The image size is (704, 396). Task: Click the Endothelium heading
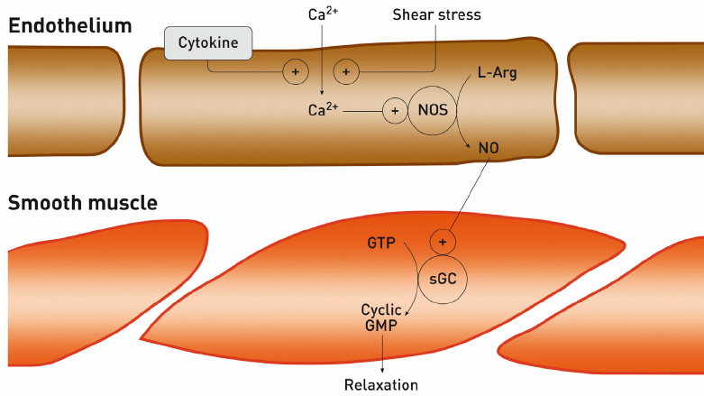click(69, 25)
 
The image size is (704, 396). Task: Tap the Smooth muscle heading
click(83, 203)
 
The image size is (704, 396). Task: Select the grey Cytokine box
click(209, 43)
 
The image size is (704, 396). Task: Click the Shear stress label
click(436, 14)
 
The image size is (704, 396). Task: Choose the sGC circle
click(442, 278)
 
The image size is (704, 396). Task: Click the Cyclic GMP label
click(381, 318)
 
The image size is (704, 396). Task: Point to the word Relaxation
click(381, 385)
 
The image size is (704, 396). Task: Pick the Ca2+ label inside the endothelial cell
click(324, 110)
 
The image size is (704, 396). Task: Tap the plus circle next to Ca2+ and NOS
click(394, 111)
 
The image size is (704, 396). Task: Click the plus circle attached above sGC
click(442, 242)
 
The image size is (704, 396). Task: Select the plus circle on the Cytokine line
click(295, 71)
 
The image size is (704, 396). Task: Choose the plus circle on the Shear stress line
click(346, 71)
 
